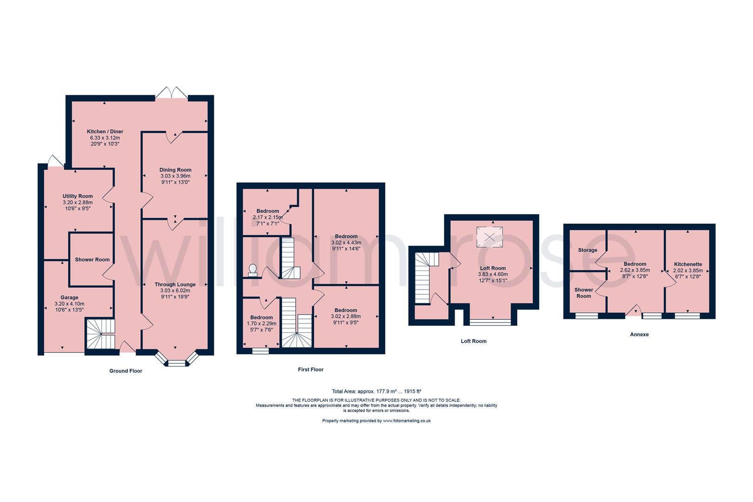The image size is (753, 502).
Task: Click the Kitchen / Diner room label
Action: [x=105, y=132]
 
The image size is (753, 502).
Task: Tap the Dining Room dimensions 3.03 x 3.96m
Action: [x=175, y=176]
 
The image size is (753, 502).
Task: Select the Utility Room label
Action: [x=78, y=196]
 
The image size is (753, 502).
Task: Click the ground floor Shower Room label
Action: [x=92, y=259]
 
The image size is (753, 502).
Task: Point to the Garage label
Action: [x=69, y=297]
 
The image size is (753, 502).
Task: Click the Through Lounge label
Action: [x=175, y=284]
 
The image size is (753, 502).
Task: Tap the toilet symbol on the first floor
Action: [x=253, y=270]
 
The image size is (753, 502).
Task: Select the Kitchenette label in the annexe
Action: [x=688, y=264]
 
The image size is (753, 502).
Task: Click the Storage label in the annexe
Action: [x=588, y=250]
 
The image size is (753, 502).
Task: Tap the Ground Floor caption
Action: [x=125, y=371]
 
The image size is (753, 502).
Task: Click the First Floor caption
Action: [x=310, y=370]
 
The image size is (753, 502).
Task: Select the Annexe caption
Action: [x=639, y=334]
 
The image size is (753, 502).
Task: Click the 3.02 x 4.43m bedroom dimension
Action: [x=346, y=243]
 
